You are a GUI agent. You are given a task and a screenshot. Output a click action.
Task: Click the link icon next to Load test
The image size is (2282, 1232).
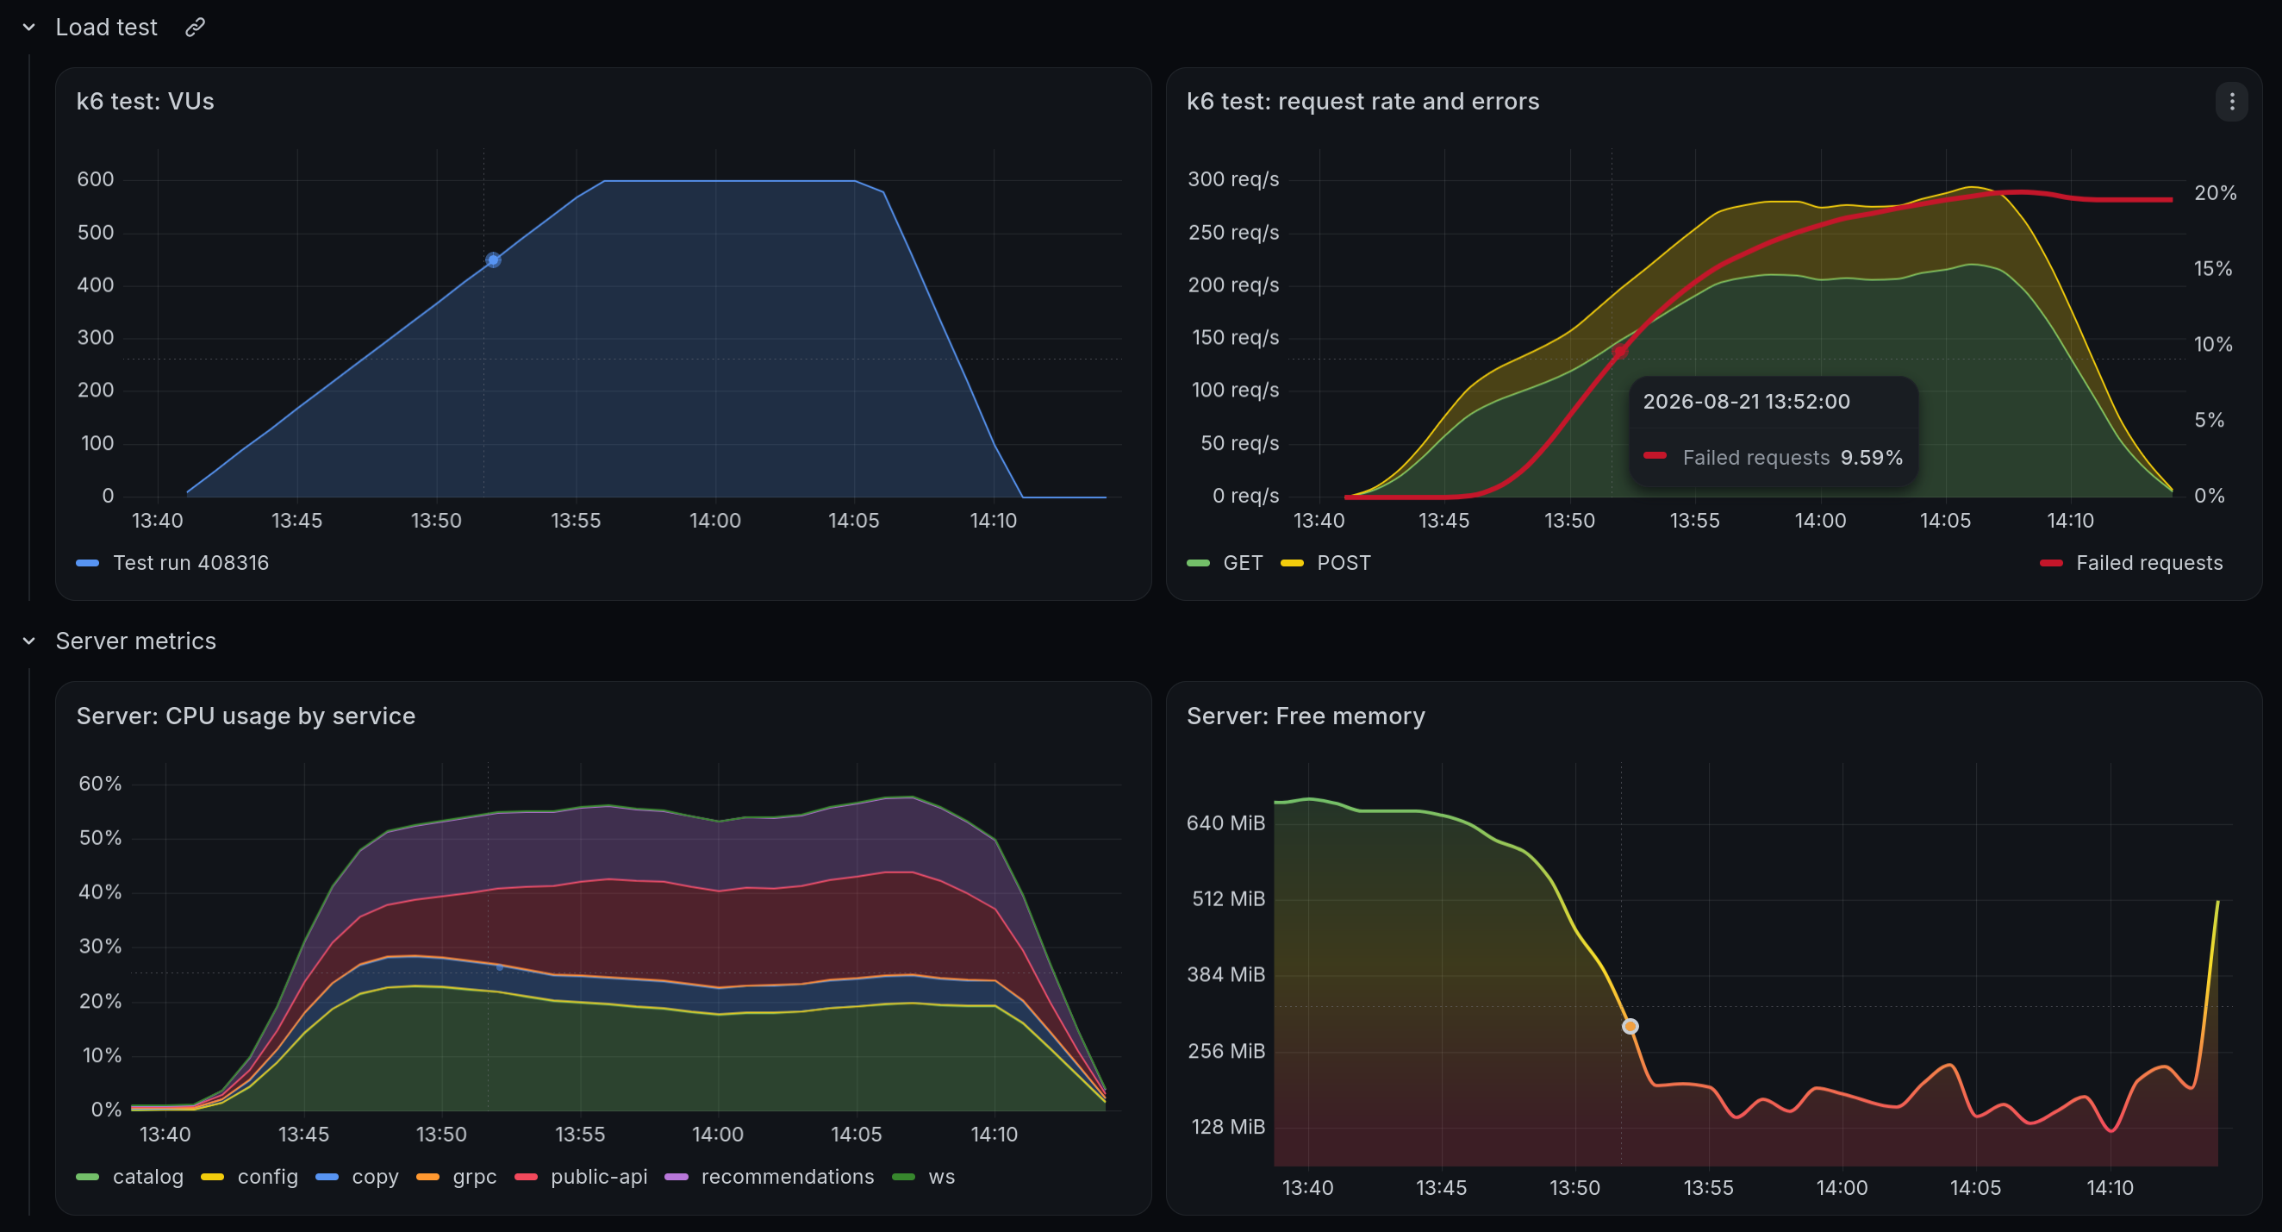195,28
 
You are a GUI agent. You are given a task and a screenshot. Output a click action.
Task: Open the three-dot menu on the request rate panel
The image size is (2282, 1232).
2231,102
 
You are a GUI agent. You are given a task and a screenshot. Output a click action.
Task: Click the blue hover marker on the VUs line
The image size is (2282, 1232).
494,260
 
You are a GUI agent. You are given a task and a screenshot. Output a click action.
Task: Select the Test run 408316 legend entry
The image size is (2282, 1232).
172,563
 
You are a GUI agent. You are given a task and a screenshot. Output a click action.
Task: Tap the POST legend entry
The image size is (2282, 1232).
1326,563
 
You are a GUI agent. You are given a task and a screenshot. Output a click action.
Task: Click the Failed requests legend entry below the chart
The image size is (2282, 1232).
2131,563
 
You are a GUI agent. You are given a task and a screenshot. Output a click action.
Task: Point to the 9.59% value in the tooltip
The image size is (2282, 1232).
1871,457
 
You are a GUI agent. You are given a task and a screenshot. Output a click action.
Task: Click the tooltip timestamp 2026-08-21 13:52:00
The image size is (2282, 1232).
1746,402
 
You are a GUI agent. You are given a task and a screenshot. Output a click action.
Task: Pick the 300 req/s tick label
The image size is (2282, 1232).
1233,179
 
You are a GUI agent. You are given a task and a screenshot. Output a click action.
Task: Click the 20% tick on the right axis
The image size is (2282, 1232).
2215,193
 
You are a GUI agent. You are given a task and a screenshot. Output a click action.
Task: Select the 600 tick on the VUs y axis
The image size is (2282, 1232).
96,179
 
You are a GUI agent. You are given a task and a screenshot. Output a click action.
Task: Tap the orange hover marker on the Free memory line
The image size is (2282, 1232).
1630,1026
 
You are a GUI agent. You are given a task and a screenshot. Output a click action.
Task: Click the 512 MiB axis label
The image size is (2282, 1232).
1228,898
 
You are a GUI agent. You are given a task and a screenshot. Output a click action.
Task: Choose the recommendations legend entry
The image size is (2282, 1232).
769,1177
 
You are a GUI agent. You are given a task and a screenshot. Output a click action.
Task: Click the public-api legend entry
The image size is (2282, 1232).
581,1177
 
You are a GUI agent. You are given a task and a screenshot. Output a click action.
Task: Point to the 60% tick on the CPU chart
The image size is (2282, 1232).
100,784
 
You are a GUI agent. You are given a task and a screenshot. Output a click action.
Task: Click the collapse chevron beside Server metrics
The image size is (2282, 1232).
29,641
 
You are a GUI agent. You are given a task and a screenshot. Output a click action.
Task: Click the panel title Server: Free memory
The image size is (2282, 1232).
1306,716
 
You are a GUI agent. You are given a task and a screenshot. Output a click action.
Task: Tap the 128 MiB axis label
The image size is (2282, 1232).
1228,1127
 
